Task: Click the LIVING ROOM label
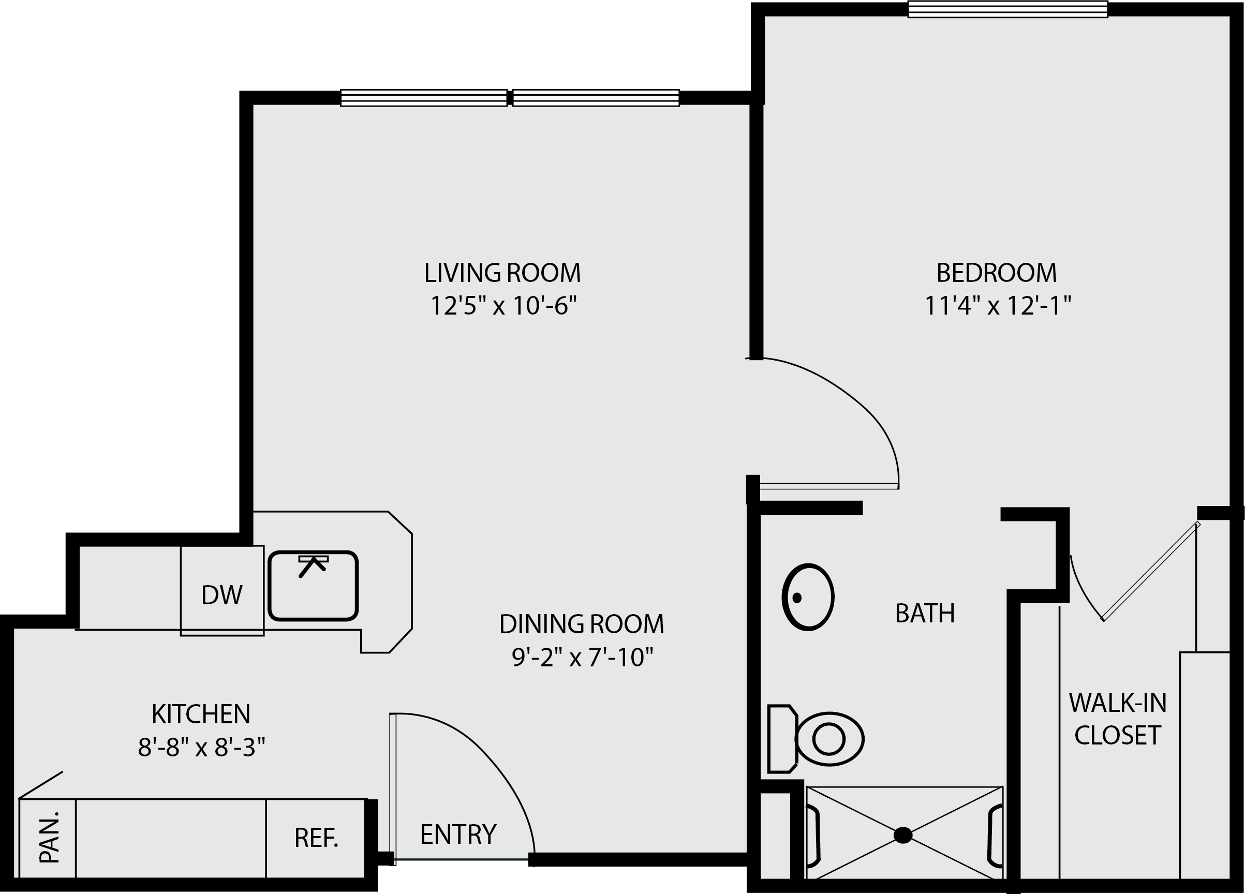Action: click(x=502, y=273)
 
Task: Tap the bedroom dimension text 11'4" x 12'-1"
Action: click(x=998, y=305)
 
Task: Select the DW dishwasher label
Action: click(x=222, y=595)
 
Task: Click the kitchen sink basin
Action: click(x=313, y=586)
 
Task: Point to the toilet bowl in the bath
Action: click(x=829, y=739)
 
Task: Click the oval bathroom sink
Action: click(x=808, y=597)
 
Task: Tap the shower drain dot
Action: click(x=903, y=835)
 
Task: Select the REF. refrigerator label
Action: click(x=316, y=838)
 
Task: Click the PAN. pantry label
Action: click(x=49, y=837)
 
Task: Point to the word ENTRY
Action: click(x=458, y=834)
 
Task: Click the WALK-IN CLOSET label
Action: click(x=1118, y=719)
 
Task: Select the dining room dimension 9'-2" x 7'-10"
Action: click(x=583, y=657)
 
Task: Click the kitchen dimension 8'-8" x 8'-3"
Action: click(x=201, y=747)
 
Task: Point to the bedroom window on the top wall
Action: click(x=1008, y=9)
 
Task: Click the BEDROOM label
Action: click(x=996, y=273)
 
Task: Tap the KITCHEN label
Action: click(x=201, y=714)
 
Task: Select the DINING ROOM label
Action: click(x=581, y=624)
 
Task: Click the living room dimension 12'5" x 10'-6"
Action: click(x=503, y=305)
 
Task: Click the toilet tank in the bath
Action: click(x=782, y=739)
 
